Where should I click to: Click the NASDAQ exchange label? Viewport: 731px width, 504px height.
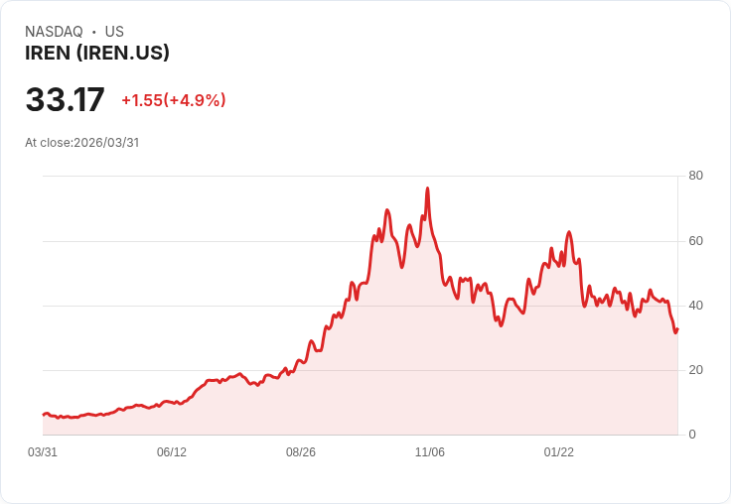point(54,32)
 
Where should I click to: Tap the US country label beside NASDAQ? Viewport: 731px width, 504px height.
point(114,32)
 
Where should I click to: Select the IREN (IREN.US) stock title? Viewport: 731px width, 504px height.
point(97,53)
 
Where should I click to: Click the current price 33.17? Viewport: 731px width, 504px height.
point(65,100)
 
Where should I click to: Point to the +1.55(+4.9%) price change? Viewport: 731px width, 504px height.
point(174,100)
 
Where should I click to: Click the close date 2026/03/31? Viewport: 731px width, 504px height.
point(106,143)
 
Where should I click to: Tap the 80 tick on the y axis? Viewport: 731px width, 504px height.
point(695,176)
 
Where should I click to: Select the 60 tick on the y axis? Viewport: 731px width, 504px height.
point(695,240)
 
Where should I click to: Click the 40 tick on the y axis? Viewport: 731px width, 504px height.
point(695,305)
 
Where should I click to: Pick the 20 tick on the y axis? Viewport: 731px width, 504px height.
point(695,369)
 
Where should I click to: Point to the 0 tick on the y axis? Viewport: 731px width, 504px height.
point(692,435)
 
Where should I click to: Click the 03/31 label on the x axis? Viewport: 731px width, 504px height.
point(43,452)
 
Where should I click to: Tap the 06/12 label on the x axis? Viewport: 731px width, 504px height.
point(172,452)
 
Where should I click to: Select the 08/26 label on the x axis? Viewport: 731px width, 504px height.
point(301,452)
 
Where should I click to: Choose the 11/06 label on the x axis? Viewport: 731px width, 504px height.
point(430,452)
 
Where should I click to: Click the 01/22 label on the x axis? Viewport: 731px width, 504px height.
point(559,452)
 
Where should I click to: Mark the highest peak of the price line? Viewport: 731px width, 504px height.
point(427,188)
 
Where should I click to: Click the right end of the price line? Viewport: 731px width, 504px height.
point(677,329)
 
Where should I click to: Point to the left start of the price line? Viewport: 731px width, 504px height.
point(44,414)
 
